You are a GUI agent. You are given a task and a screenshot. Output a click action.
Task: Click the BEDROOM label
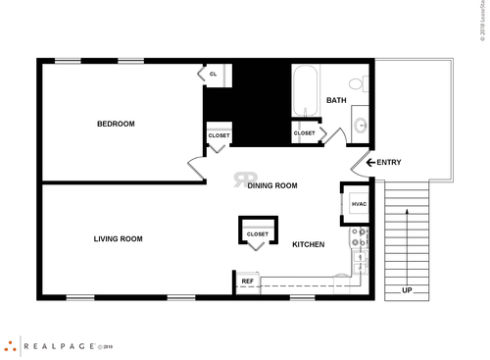coord(116,124)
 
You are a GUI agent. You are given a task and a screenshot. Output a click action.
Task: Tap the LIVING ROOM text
coord(118,238)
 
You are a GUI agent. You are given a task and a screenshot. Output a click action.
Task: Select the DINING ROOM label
coord(271,184)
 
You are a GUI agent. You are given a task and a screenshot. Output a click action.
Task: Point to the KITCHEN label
coord(308,244)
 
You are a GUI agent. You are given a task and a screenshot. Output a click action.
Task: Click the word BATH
coord(336,100)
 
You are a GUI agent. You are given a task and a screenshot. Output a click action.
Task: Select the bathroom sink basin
coord(360,126)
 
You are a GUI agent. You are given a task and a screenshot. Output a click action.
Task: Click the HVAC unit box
coord(357,203)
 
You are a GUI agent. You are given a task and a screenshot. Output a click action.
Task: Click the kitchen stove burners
coord(360,237)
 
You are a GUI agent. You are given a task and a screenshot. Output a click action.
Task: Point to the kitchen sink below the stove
coord(360,261)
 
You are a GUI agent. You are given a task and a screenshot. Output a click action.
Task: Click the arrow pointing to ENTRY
coord(370,163)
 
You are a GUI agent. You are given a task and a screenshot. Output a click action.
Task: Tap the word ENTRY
coord(389,163)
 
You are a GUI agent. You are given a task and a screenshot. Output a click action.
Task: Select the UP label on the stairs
coord(407,290)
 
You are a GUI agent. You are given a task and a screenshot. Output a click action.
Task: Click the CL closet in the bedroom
coord(213,74)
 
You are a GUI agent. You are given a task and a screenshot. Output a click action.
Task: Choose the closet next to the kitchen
coord(257,233)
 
